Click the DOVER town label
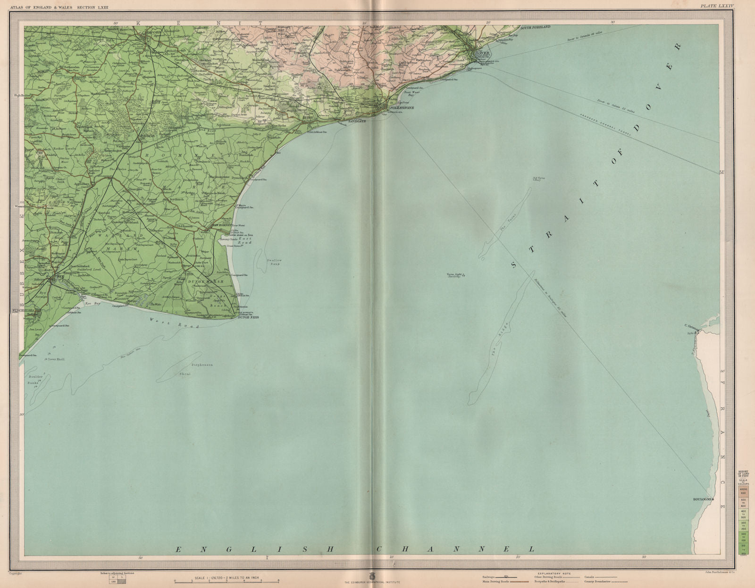coord(481,53)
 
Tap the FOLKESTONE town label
coord(401,108)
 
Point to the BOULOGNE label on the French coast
coord(702,498)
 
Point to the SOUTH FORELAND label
coord(535,28)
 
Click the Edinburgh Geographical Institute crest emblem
coord(373,576)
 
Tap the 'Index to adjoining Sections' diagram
coord(117,579)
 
